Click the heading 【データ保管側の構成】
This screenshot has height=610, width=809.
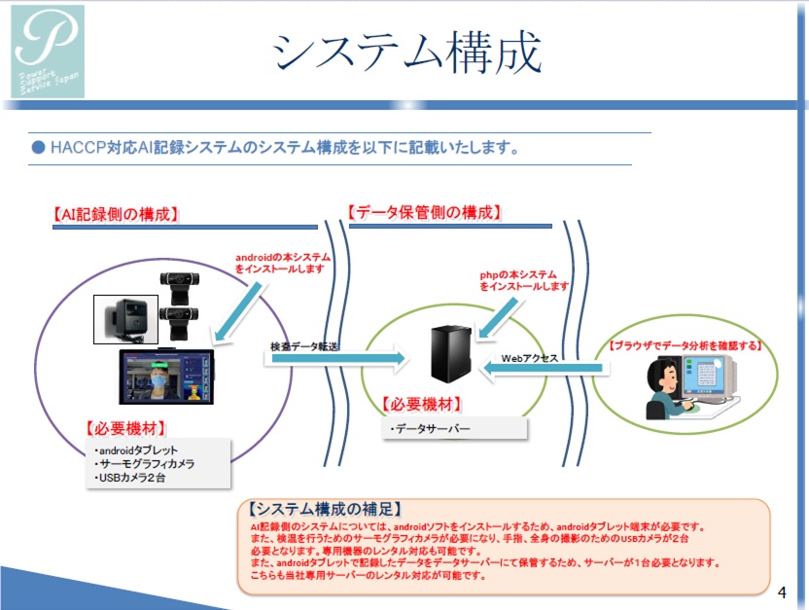click(426, 212)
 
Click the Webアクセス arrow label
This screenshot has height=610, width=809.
click(529, 358)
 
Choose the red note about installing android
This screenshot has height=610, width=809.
click(279, 263)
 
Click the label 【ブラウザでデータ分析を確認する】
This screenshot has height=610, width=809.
click(685, 345)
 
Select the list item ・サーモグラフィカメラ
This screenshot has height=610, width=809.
click(145, 464)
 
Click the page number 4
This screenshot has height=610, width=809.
click(783, 592)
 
